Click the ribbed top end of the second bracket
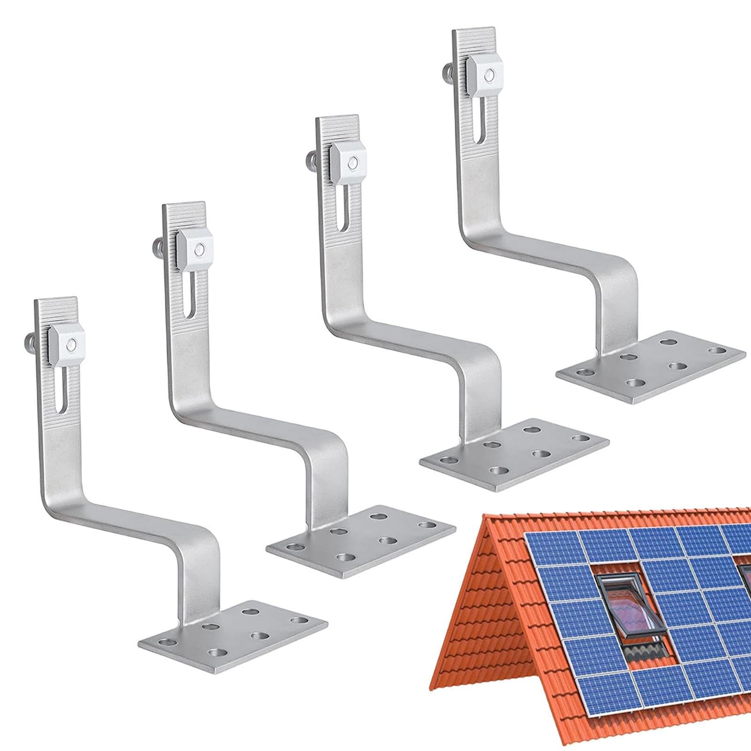[184, 216]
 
